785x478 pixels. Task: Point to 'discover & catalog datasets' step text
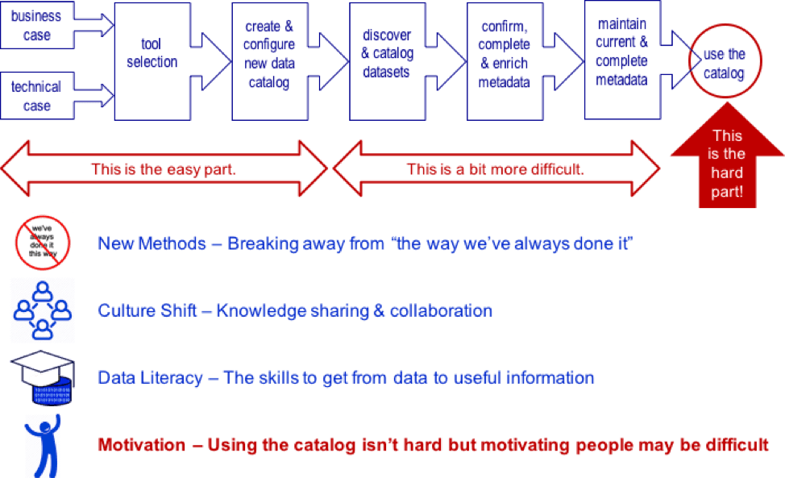click(386, 54)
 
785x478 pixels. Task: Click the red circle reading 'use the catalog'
click(724, 64)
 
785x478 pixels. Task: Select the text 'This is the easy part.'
click(163, 169)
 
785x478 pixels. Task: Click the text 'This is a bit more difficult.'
click(495, 169)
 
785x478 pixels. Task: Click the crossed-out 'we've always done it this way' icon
click(43, 242)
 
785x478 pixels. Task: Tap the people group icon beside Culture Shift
click(43, 310)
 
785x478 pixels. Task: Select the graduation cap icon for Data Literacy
click(43, 376)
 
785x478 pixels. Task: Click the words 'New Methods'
click(152, 243)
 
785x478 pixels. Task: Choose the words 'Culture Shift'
click(147, 310)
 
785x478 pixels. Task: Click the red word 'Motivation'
click(143, 444)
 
